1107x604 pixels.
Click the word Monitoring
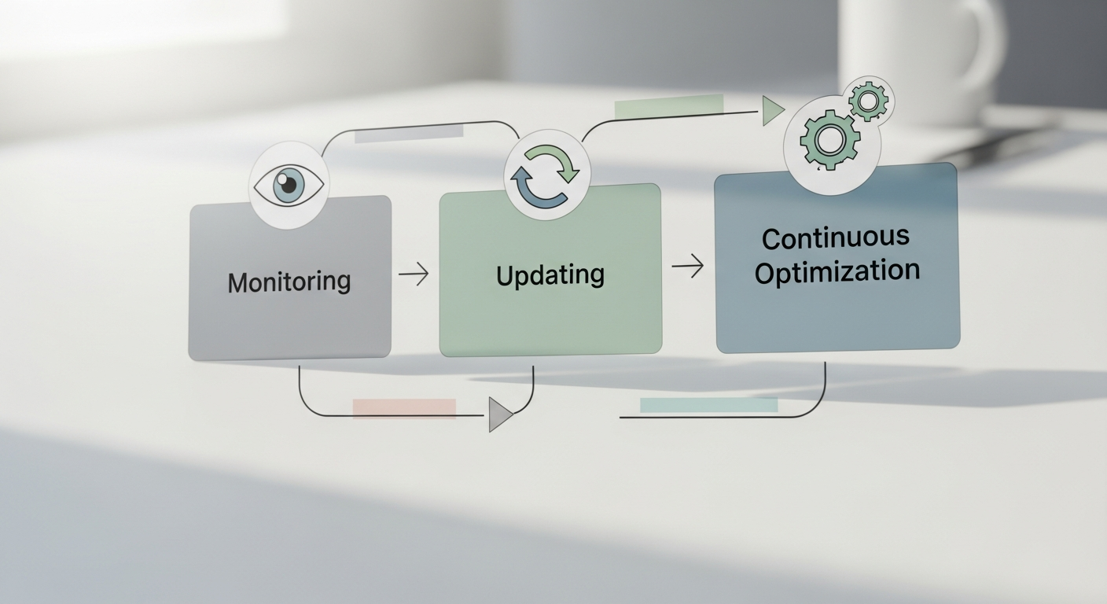(289, 282)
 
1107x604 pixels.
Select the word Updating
(550, 274)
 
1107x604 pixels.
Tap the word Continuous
(835, 238)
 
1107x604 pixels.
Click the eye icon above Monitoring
(289, 186)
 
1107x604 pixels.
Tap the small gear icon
(869, 101)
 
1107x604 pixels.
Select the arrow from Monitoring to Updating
(414, 274)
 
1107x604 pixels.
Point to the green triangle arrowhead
(772, 111)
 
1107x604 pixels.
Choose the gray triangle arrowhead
(499, 414)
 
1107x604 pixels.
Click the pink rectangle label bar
(404, 407)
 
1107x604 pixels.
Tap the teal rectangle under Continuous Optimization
(708, 405)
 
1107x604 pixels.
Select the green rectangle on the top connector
(668, 107)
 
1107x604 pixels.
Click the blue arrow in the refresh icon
(533, 191)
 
